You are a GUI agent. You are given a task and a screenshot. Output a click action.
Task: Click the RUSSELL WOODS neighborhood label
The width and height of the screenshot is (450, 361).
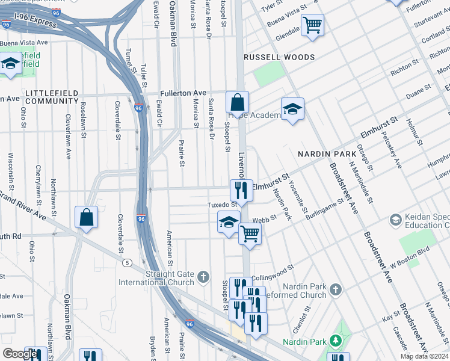pyautogui.click(x=279, y=57)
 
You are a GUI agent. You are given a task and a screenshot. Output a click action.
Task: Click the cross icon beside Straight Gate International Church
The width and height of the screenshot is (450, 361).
pyautogui.click(x=204, y=277)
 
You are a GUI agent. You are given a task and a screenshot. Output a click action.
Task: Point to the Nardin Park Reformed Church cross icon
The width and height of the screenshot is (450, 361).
pyautogui.click(x=336, y=290)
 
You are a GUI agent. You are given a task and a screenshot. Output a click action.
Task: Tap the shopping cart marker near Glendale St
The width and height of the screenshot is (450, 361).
pyautogui.click(x=312, y=26)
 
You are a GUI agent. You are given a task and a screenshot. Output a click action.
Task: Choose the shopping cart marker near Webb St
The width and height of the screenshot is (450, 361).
pyautogui.click(x=250, y=233)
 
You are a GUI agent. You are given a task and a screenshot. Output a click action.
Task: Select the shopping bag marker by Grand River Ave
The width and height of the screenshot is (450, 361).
pyautogui.click(x=87, y=217)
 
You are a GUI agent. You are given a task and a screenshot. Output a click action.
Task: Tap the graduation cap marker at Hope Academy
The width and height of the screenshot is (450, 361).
pyautogui.click(x=292, y=110)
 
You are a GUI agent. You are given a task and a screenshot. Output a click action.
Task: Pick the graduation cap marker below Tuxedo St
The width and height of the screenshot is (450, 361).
pyautogui.click(x=229, y=222)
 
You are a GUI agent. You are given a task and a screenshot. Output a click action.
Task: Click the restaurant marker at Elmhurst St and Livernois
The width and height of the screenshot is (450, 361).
pyautogui.click(x=240, y=190)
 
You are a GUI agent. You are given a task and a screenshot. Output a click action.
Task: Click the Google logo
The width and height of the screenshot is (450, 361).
pyautogui.click(x=20, y=354)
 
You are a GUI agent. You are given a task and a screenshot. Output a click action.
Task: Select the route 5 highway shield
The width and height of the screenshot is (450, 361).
pyautogui.click(x=126, y=263)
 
